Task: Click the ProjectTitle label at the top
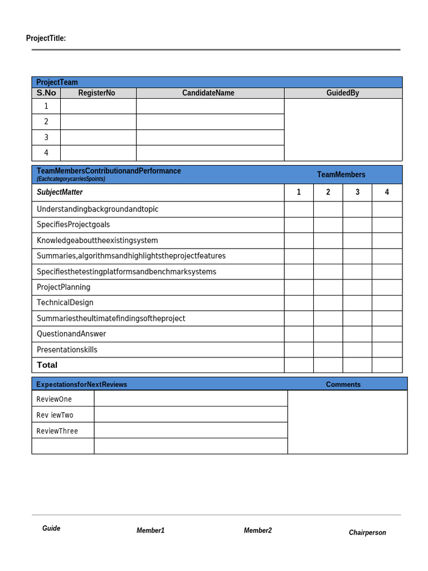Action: [46, 38]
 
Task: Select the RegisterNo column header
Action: [96, 93]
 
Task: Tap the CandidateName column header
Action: [208, 93]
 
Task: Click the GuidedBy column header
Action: [343, 93]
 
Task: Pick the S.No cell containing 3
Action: [46, 137]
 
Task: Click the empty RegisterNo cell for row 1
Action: [98, 106]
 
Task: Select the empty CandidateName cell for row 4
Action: [210, 153]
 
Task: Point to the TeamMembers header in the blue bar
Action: [341, 175]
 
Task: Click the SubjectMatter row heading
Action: [60, 192]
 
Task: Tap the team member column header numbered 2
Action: [328, 192]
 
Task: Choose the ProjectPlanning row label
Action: [64, 287]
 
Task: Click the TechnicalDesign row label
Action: [65, 303]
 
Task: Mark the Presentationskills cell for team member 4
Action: [387, 350]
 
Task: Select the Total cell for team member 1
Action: [299, 365]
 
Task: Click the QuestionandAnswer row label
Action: [71, 334]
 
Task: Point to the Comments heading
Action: [343, 384]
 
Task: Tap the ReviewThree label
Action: [57, 431]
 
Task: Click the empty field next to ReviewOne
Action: [191, 399]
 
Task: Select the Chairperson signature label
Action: [367, 533]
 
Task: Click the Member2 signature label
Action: [257, 530]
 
